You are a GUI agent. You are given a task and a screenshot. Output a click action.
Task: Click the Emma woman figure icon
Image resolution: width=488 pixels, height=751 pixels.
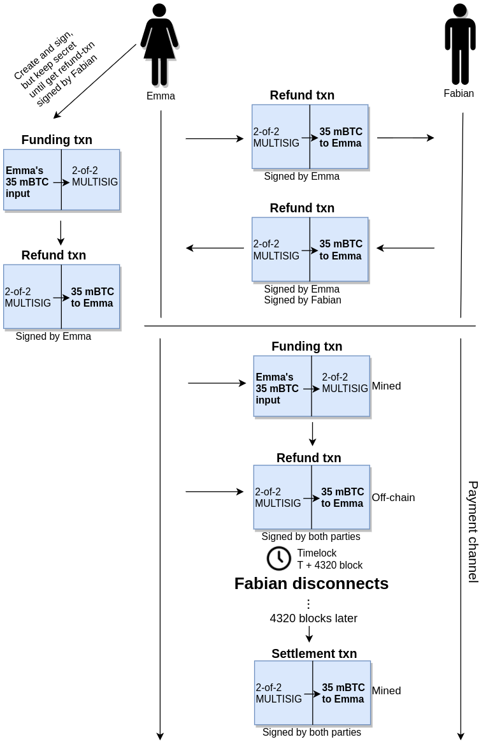point(159,45)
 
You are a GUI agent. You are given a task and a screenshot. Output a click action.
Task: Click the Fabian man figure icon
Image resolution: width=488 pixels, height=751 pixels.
point(460,45)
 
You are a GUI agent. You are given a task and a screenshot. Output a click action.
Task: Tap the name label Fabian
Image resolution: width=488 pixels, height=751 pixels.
point(459,94)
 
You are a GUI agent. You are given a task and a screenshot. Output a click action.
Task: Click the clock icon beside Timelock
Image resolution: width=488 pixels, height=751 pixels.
point(278,558)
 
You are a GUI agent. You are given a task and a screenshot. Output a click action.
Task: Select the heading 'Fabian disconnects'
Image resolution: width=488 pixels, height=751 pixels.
point(311,583)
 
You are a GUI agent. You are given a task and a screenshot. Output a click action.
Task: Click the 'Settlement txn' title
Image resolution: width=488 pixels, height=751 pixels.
point(314,653)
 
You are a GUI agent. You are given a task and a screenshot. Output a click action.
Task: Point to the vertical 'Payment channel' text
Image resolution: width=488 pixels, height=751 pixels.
point(473,532)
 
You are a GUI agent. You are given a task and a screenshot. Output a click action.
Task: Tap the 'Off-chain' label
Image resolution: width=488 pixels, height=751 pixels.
point(393,497)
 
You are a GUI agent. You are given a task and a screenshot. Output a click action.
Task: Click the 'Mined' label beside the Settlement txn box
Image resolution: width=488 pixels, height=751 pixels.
point(386,690)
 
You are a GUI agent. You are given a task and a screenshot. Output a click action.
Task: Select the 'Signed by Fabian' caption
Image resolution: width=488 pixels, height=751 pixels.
point(303,300)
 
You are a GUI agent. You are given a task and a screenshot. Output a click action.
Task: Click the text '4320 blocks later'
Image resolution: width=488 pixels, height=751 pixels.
point(313,618)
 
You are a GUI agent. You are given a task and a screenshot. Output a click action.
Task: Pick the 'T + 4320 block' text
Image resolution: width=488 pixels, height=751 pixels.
point(329,565)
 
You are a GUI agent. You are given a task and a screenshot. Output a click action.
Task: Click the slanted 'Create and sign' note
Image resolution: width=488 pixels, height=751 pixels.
point(55,67)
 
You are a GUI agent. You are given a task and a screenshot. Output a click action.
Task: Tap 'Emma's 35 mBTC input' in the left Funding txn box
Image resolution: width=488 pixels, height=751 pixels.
point(27,182)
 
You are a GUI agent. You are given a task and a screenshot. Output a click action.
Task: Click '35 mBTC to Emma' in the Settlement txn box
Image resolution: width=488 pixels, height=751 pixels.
point(343,693)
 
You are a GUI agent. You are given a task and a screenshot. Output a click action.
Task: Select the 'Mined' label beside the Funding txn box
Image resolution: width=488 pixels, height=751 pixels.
point(386,386)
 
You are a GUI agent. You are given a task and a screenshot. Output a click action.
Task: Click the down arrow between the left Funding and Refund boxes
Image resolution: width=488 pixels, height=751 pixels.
point(61,233)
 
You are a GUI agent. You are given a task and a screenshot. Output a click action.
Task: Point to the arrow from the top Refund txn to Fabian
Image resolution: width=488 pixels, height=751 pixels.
point(405,138)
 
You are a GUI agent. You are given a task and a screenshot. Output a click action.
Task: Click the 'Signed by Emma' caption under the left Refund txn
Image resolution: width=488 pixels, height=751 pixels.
point(54,336)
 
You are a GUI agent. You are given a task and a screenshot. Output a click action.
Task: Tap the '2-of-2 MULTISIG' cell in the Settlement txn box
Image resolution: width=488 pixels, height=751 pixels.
point(278,693)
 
